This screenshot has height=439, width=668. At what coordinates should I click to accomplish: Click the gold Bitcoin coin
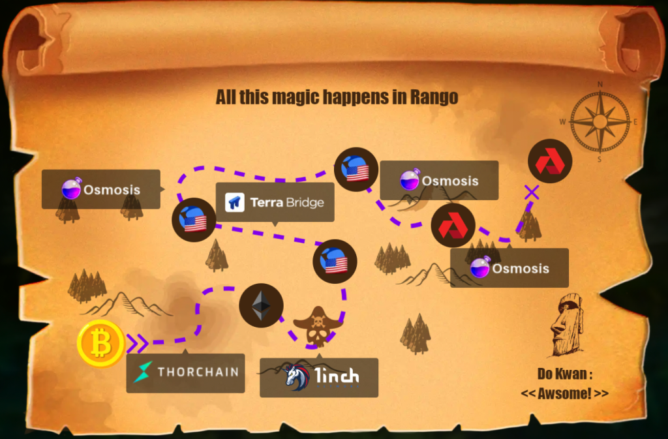pyautogui.click(x=100, y=343)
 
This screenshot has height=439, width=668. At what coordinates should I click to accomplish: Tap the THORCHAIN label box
pyautogui.click(x=185, y=373)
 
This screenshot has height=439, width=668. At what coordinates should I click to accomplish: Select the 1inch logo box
pyautogui.click(x=319, y=377)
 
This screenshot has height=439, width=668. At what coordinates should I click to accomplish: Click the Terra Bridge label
pyautogui.click(x=275, y=202)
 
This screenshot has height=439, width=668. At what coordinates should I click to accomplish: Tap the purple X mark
pyautogui.click(x=532, y=192)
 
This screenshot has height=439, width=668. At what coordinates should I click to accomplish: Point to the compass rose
pyautogui.click(x=600, y=121)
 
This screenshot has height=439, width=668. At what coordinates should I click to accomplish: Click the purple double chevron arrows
pyautogui.click(x=137, y=342)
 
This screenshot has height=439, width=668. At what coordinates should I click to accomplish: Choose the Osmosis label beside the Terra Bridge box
pyautogui.click(x=101, y=190)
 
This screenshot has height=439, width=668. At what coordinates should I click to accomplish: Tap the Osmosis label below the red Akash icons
pyautogui.click(x=509, y=268)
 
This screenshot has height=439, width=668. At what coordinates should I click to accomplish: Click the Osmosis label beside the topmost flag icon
pyautogui.click(x=439, y=181)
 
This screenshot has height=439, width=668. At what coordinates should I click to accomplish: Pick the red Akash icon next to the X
pyautogui.click(x=550, y=161)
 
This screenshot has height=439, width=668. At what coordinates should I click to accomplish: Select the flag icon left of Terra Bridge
pyautogui.click(x=194, y=220)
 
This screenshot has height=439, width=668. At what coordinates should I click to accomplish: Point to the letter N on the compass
pyautogui.click(x=600, y=84)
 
